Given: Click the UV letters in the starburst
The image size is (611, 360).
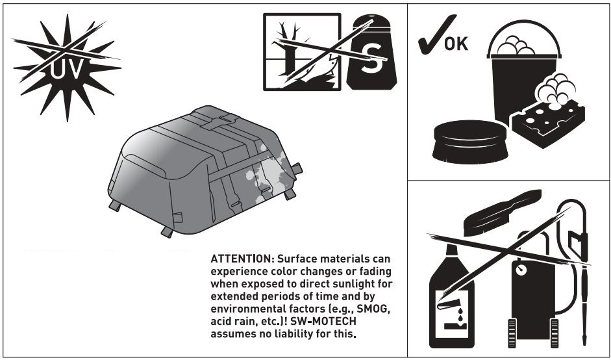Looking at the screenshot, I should coord(67,68).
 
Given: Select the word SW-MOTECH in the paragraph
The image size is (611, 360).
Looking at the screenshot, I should coord(358,323).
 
